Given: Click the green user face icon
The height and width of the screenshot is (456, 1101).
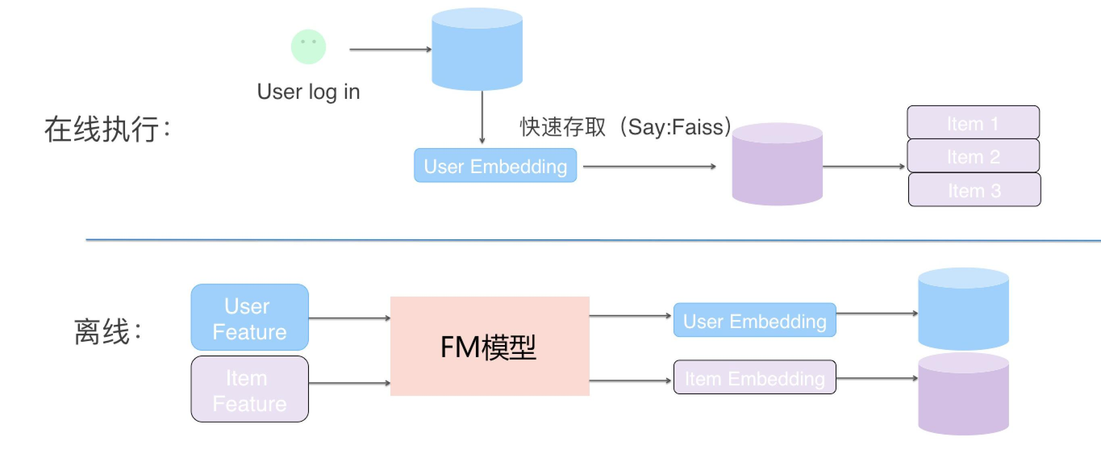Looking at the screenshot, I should [308, 47].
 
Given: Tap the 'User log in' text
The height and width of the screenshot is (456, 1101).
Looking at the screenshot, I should [308, 92].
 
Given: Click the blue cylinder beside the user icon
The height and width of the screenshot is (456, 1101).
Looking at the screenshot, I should [477, 51].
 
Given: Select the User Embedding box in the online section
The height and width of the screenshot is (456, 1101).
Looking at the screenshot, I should [495, 165].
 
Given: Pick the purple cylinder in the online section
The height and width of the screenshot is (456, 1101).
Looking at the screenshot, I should [777, 167].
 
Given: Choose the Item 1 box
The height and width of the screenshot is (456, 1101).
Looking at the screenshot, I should [973, 123].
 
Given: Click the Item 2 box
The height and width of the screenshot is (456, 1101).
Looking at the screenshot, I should [973, 156].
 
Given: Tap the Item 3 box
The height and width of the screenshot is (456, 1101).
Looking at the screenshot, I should [974, 190].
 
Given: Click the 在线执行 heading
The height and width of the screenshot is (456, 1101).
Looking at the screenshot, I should [107, 129].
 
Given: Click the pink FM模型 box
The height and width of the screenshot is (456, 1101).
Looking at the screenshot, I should [490, 346].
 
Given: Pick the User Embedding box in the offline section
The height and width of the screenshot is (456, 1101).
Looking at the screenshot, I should [755, 320].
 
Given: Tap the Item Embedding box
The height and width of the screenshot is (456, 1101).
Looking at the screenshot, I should [755, 377].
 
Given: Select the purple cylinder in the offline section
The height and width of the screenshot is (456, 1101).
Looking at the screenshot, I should [963, 396].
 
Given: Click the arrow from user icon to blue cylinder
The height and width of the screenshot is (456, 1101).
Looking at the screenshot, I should [390, 50].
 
